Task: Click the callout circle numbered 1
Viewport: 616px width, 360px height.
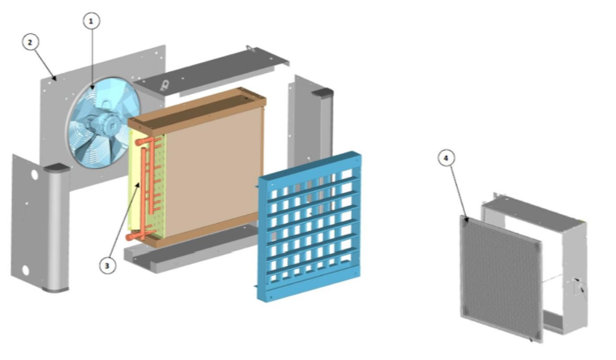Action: point(91,21)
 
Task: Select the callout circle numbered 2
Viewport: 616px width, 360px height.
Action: point(30,42)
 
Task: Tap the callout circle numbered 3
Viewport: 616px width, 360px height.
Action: point(107,266)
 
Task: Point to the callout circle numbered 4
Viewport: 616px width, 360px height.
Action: point(446,158)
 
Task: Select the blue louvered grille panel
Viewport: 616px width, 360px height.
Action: point(309,226)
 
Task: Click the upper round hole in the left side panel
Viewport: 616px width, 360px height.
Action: point(34,174)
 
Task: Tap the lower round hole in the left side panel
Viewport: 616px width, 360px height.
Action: point(26,270)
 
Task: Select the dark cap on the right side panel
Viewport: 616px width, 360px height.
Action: point(322,92)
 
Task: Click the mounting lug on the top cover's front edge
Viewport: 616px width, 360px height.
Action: point(165,85)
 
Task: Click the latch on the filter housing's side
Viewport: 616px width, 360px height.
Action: point(579,286)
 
